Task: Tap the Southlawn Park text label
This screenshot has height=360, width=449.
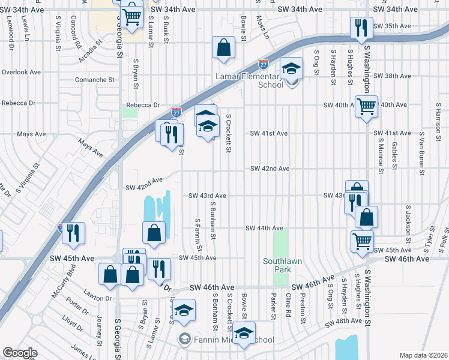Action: (x=277, y=265)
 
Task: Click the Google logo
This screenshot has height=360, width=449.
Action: (x=20, y=353)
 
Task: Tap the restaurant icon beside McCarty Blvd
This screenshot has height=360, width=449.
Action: (x=73, y=233)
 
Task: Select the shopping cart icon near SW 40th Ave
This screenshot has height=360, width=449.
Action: (x=366, y=107)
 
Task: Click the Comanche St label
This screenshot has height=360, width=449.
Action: (x=94, y=79)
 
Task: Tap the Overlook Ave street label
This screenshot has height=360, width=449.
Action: (x=20, y=72)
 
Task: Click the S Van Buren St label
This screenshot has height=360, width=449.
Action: (x=423, y=155)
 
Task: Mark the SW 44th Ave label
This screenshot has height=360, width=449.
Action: (x=264, y=228)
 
